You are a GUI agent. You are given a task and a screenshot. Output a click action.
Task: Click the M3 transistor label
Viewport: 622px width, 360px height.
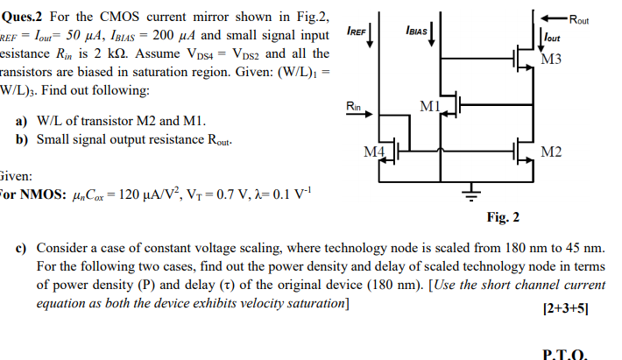pos(553,60)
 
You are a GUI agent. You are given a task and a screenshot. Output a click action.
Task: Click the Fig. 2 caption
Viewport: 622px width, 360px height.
pos(503,217)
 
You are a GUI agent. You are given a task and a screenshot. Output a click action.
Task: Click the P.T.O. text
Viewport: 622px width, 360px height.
pos(565,353)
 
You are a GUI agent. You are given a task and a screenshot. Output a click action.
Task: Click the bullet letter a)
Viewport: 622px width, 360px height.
pos(22,121)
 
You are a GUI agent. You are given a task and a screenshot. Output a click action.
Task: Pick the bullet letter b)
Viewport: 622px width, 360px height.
pos(22,139)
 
